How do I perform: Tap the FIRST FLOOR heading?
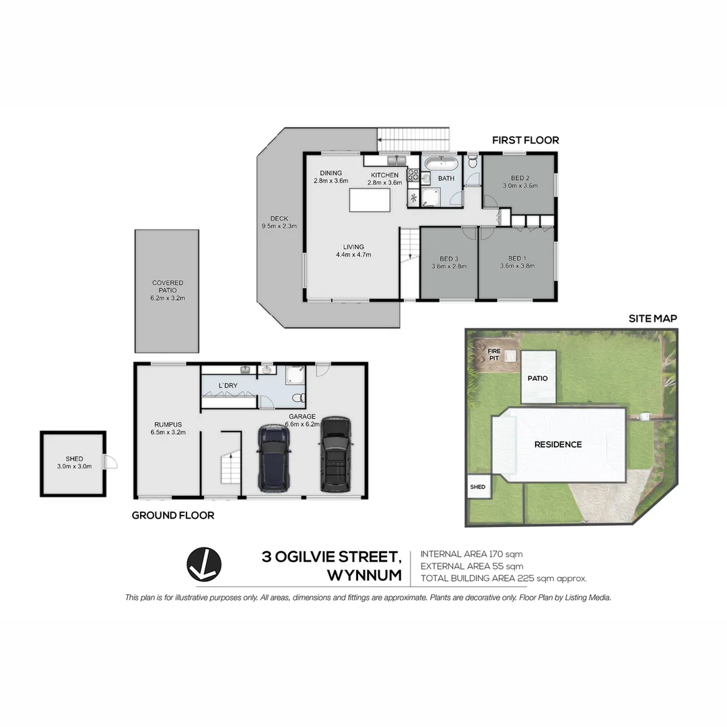pos(525,140)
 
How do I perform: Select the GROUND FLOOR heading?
pos(172,516)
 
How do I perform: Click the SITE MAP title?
pos(652,318)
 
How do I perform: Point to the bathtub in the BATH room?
pos(441,164)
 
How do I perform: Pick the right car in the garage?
pos(335,454)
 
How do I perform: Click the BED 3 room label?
pos(448,259)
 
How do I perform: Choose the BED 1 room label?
pos(516,258)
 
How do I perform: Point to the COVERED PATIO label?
pos(167,287)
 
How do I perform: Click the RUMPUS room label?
pos(167,425)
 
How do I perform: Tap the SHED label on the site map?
pos(477,487)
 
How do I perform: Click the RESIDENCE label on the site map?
pos(557,444)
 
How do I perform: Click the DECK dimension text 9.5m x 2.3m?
pos(279,226)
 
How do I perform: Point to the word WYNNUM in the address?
pos(363,576)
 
